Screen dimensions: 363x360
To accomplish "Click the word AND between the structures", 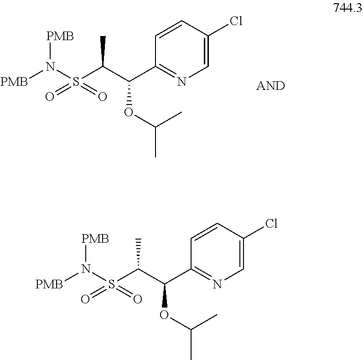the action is click(x=270, y=86).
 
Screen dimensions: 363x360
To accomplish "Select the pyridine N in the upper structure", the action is click(x=181, y=82).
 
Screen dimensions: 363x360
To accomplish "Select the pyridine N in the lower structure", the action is click(x=216, y=285).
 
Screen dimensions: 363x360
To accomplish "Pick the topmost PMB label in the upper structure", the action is click(x=60, y=37).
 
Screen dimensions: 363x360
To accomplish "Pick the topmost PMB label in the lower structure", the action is click(x=95, y=239).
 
